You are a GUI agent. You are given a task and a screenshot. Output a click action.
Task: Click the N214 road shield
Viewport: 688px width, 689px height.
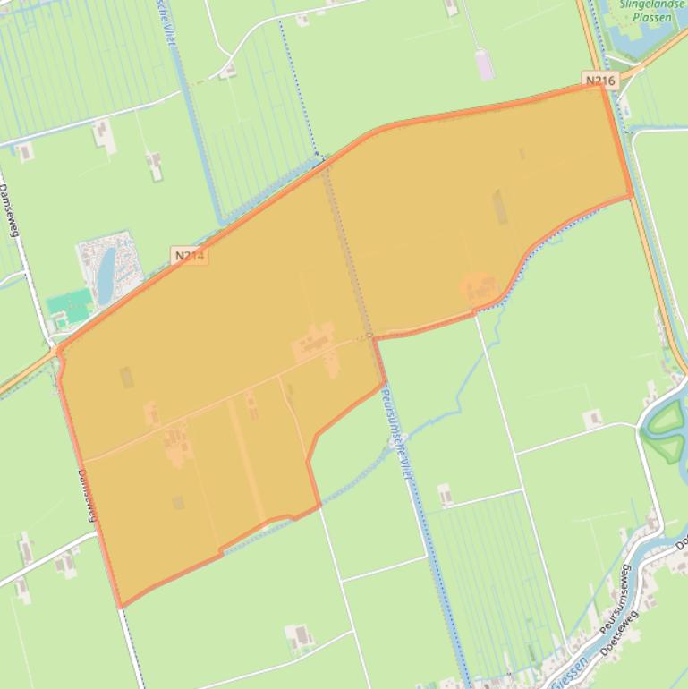[190, 256]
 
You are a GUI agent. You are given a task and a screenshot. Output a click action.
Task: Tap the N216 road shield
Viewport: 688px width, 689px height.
[600, 81]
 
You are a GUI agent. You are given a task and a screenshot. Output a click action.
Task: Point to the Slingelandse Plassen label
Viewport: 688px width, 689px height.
[651, 10]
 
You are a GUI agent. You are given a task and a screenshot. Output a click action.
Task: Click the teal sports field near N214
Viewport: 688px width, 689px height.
[70, 304]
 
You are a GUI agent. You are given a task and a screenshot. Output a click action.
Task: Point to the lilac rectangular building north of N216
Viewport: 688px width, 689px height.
[485, 64]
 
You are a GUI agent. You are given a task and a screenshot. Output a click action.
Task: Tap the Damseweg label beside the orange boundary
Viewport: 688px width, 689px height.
[86, 495]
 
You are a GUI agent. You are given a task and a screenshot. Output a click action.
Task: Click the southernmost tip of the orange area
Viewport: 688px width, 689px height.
[121, 607]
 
